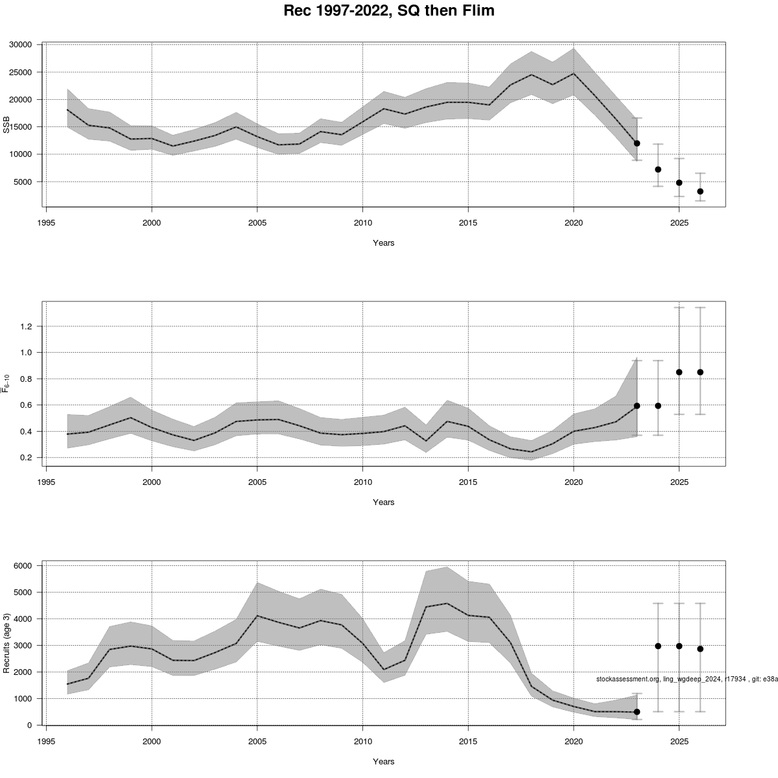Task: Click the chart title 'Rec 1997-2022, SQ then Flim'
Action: (389, 11)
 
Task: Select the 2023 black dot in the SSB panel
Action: (637, 143)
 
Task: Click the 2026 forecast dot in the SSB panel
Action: (700, 191)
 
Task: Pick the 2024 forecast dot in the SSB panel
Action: (658, 169)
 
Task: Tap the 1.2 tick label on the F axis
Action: (25, 326)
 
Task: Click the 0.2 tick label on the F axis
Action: (25, 458)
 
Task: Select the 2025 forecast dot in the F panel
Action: (679, 372)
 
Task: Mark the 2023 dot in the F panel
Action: (637, 406)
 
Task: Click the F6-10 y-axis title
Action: (7, 384)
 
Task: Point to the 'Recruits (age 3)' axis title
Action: (7, 642)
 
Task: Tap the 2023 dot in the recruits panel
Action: (637, 712)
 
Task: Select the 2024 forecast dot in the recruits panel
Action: (658, 646)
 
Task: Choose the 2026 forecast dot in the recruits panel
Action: (700, 648)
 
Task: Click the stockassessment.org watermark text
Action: (687, 679)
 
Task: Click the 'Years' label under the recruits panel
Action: (383, 761)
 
